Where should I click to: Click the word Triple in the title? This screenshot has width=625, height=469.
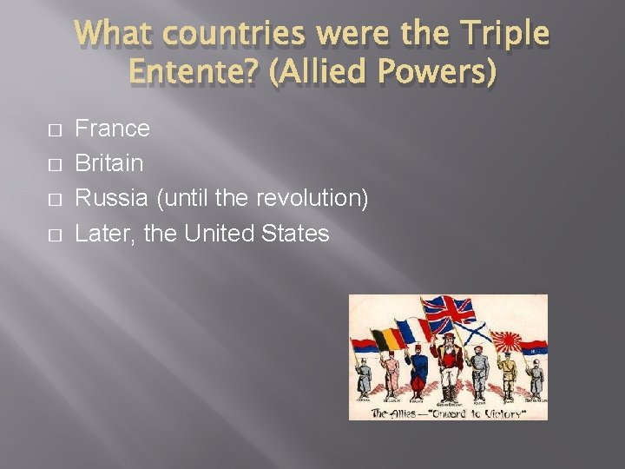(506, 34)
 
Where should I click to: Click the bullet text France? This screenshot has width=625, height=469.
(113, 129)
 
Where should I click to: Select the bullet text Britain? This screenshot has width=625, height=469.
(109, 163)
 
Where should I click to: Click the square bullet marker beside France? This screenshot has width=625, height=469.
(56, 130)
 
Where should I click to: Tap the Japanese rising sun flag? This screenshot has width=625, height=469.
(506, 341)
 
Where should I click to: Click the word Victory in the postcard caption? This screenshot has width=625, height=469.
(503, 413)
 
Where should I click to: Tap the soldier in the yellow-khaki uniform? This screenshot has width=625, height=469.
(508, 373)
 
